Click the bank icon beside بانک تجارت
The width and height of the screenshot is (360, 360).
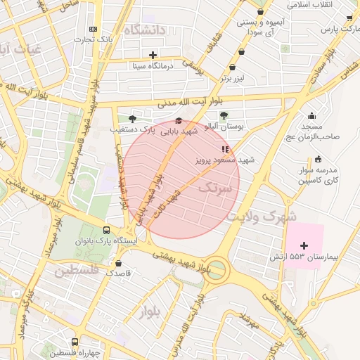pos(94,29)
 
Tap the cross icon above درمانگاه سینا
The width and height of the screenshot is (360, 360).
pos(153,55)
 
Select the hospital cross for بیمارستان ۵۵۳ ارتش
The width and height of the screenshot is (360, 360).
pos(304,245)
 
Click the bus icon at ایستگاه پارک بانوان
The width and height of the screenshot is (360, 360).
pos(107,230)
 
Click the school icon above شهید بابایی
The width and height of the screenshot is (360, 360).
pos(178,120)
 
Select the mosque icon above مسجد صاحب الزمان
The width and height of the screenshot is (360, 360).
pos(312,115)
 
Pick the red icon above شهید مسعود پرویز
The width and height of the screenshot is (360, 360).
pos(224,149)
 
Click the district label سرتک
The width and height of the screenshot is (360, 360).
pos(214,188)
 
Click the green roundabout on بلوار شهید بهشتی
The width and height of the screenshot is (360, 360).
pos(217,270)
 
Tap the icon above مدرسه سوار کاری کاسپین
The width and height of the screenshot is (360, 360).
pos(319,159)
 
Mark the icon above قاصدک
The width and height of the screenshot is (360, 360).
pos(117,262)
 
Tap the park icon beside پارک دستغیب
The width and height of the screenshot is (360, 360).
pos(132,120)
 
